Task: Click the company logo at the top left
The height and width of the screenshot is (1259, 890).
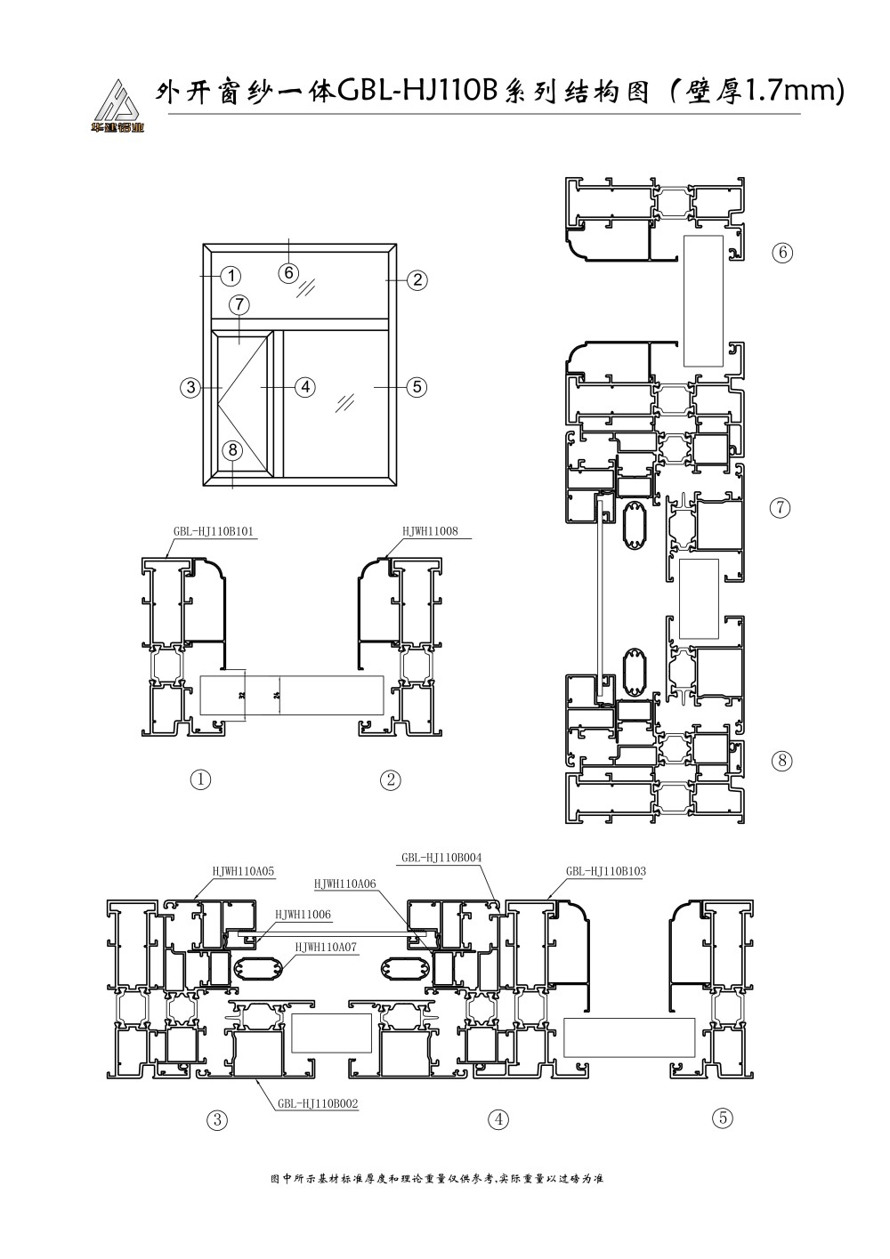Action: click(x=117, y=106)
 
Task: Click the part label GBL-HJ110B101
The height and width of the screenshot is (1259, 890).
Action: click(x=214, y=532)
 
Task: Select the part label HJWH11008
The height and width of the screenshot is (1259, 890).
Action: click(x=431, y=532)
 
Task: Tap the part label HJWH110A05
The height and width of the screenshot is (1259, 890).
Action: click(x=243, y=871)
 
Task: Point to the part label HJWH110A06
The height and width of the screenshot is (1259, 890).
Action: click(x=344, y=884)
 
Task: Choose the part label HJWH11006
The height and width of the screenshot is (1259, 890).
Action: click(x=303, y=915)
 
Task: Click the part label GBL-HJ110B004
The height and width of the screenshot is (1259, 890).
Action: click(x=441, y=858)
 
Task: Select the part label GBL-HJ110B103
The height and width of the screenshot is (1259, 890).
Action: click(x=605, y=871)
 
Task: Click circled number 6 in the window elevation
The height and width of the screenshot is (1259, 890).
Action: click(x=287, y=273)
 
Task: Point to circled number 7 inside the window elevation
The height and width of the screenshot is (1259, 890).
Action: click(x=239, y=304)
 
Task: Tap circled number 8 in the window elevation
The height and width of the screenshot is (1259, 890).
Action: click(x=231, y=449)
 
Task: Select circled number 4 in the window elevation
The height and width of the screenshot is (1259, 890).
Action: click(x=304, y=387)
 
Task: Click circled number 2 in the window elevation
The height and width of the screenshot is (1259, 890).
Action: click(x=417, y=279)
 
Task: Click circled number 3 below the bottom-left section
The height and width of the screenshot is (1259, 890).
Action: click(x=216, y=1119)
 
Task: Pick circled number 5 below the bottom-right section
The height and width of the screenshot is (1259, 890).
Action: click(x=723, y=1118)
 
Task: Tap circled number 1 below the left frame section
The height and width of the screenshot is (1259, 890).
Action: click(x=201, y=779)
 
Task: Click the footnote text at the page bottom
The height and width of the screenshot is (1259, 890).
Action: click(x=436, y=1179)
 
